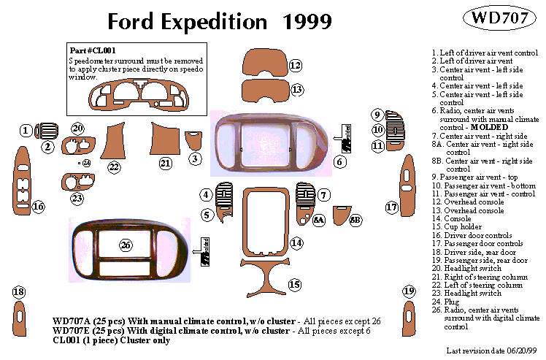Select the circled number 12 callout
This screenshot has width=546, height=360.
click(296, 66)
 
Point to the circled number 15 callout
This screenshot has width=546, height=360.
click(295, 284)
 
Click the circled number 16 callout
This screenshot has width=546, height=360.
click(38, 207)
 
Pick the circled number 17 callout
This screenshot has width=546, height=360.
click(391, 207)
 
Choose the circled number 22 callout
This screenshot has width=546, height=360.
click(114, 167)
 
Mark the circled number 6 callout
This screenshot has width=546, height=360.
click(340, 161)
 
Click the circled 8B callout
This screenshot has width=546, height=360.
click(355, 219)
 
